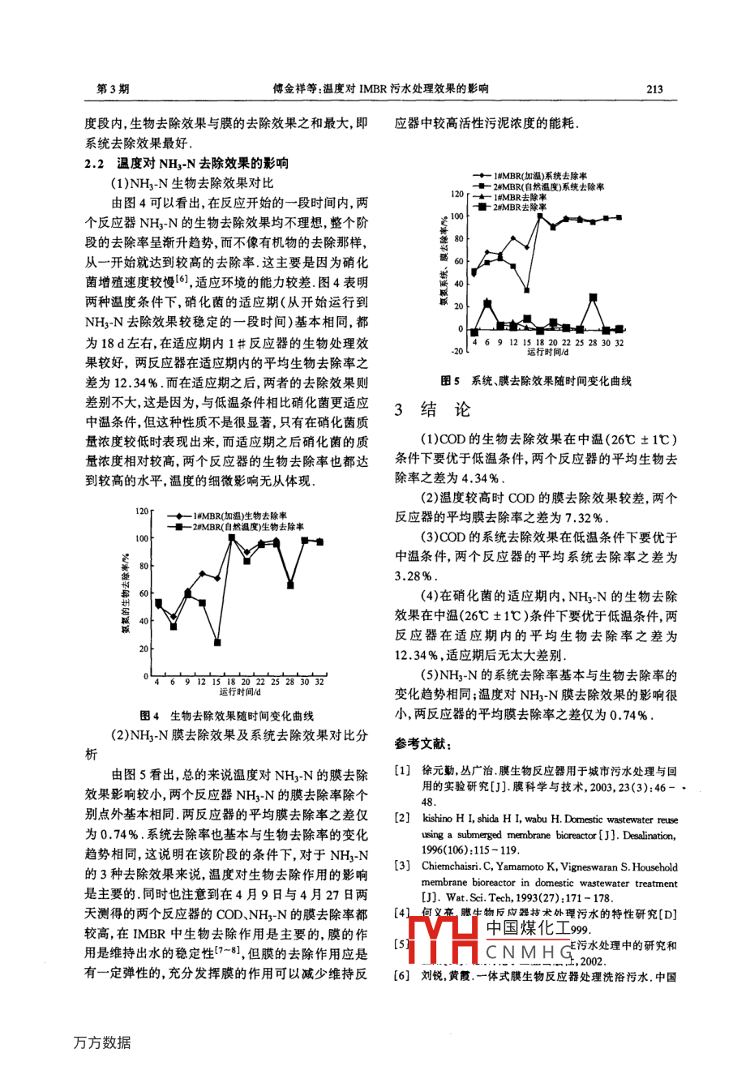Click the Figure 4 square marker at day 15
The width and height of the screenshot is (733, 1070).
(x=218, y=642)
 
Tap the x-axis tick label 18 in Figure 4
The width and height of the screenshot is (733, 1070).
(x=231, y=683)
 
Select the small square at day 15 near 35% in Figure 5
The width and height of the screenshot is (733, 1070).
(x=527, y=289)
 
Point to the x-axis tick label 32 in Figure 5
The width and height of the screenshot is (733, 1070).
(x=619, y=342)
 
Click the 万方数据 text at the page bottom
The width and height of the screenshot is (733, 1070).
(x=102, y=1042)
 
